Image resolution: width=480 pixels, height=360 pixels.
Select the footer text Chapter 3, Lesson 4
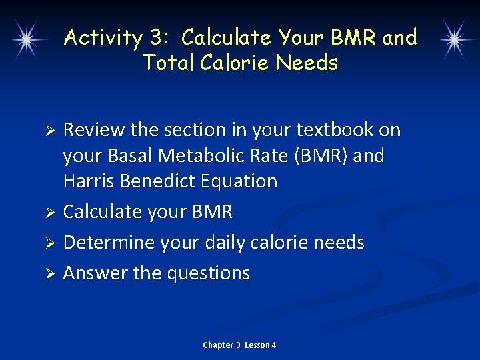tap(239, 345)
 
